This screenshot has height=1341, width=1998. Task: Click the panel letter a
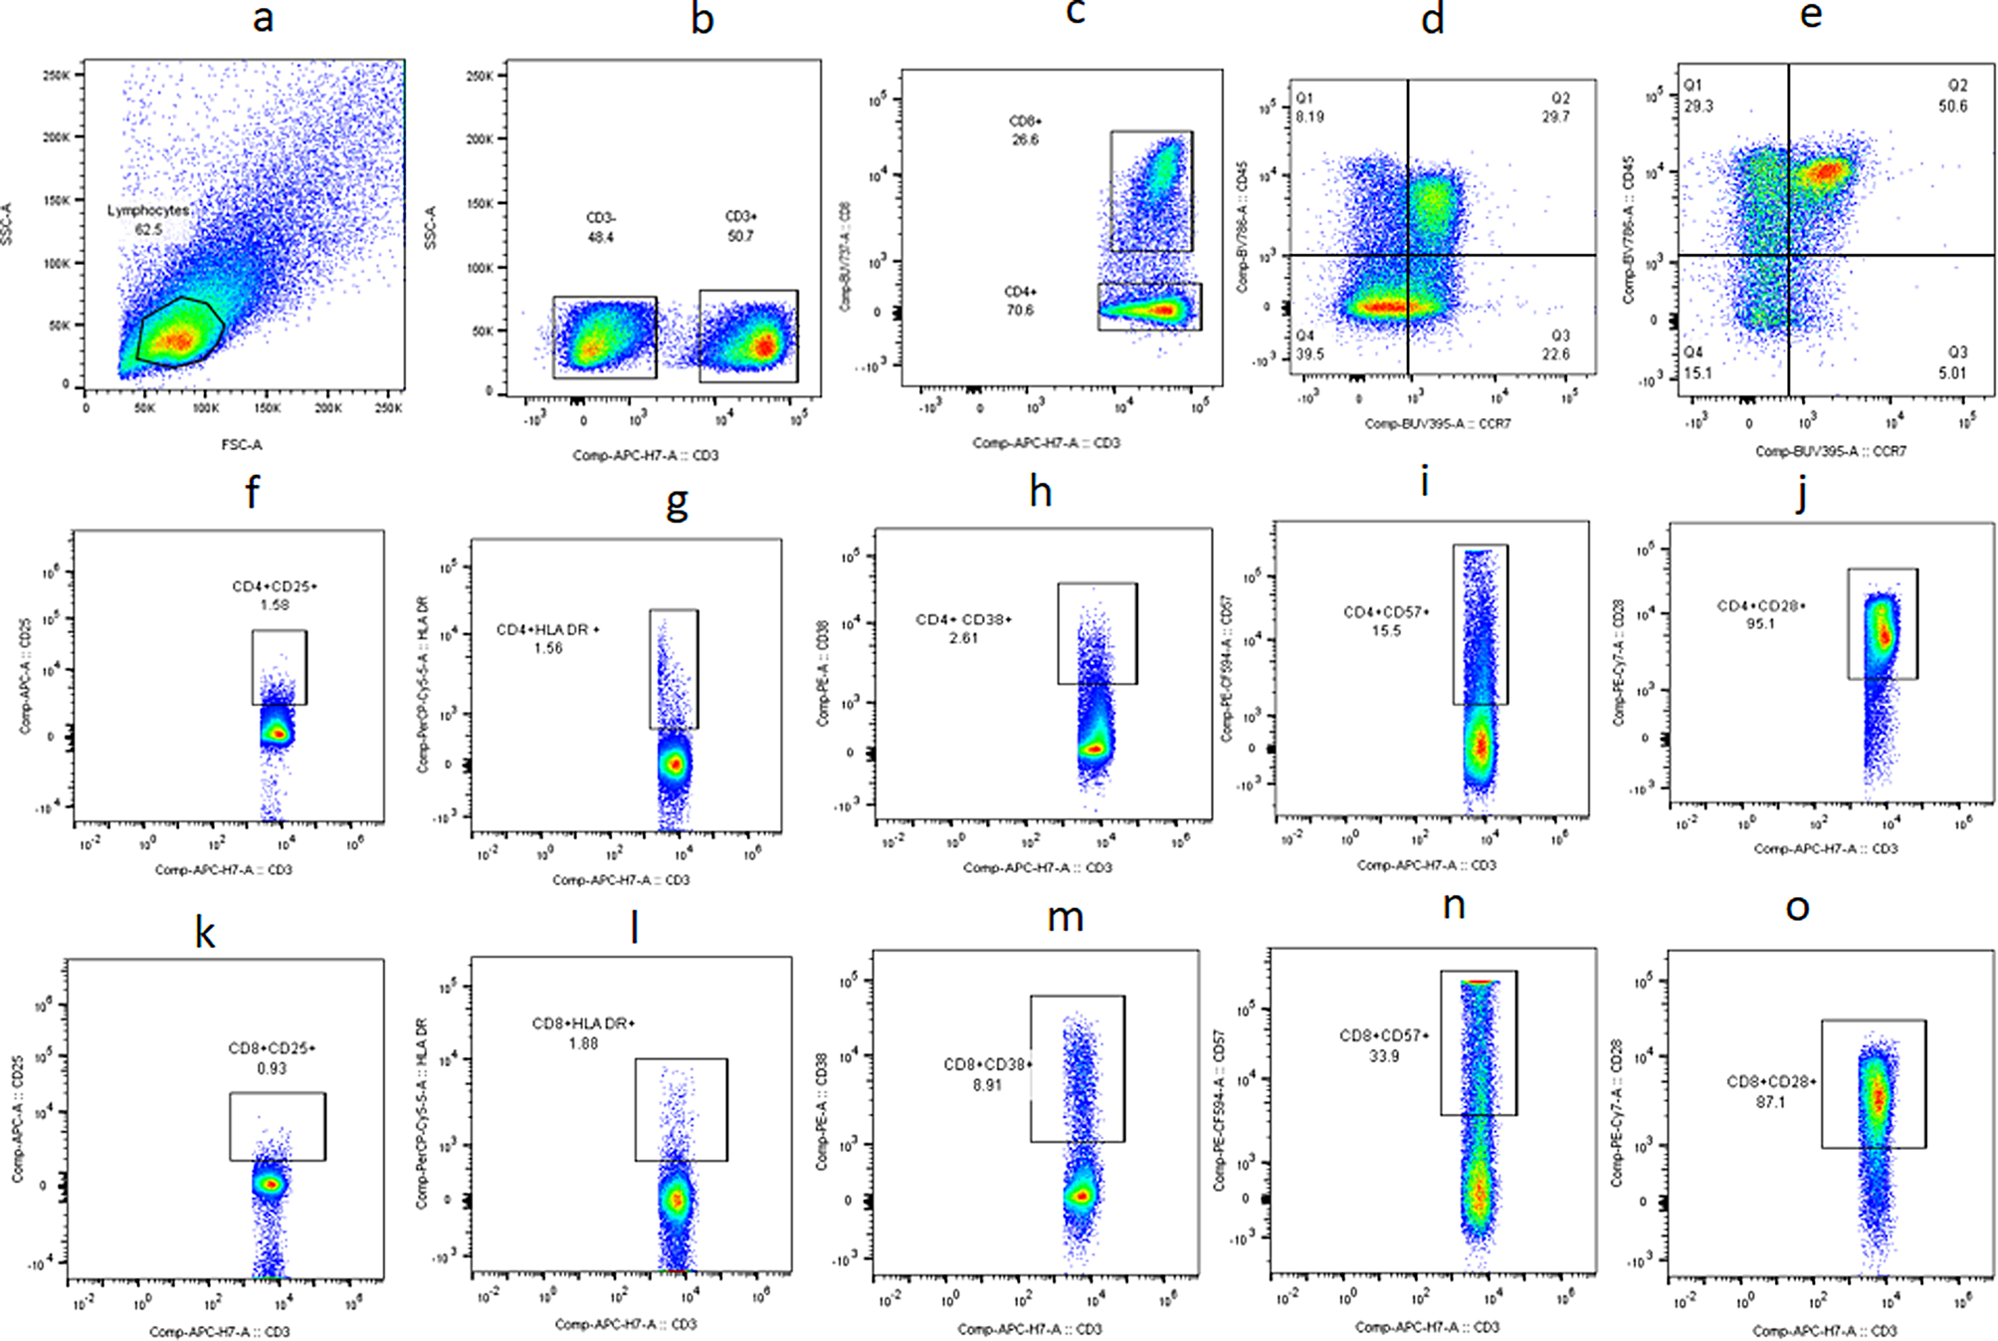(x=263, y=18)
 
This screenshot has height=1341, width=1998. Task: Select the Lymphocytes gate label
(x=148, y=211)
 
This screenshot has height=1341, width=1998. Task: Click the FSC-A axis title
(x=241, y=445)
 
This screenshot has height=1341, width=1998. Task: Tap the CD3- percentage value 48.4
(x=601, y=238)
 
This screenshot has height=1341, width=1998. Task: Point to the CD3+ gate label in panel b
(x=740, y=216)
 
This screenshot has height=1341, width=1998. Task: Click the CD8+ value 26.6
(x=1025, y=140)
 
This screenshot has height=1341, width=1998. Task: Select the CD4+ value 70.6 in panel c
(x=1020, y=311)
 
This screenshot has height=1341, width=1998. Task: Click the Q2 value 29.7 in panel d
(x=1556, y=116)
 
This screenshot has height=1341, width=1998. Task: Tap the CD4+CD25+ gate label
(x=275, y=586)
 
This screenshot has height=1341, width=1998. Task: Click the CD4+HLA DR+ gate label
(x=548, y=629)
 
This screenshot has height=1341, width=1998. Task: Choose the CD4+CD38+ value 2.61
(x=963, y=638)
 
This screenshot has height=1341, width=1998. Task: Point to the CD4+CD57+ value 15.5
(x=1385, y=631)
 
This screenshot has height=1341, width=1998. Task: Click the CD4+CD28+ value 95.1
(x=1760, y=624)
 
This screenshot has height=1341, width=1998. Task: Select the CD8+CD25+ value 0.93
(x=272, y=1068)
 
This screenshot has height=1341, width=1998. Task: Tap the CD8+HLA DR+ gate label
(x=583, y=1023)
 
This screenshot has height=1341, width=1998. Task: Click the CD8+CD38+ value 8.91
(x=987, y=1085)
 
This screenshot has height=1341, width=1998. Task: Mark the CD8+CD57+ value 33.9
(x=1383, y=1056)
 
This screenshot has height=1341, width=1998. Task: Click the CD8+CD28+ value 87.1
(x=1771, y=1102)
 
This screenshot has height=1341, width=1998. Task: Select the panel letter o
(x=1797, y=908)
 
